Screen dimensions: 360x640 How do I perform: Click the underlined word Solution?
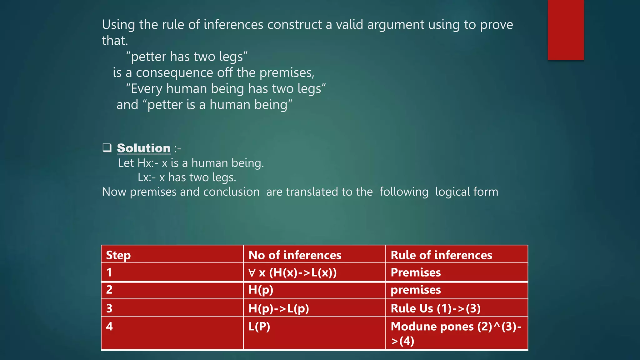[143, 148]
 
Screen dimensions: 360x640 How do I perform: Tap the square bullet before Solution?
[107, 147]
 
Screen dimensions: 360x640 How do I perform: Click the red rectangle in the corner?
[566, 30]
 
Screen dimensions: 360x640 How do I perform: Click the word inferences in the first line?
[233, 25]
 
